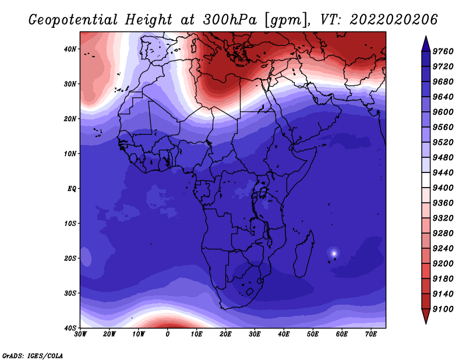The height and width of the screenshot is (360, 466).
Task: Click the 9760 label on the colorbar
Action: [443, 51]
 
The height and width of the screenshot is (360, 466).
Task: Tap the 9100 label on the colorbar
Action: [443, 309]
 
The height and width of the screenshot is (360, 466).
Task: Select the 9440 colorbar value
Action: [443, 172]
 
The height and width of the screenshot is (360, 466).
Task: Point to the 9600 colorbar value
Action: [443, 112]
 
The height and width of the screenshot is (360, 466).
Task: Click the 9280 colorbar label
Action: [443, 234]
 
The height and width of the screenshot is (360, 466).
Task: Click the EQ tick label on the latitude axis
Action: [72, 189]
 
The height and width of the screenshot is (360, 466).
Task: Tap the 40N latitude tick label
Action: [70, 49]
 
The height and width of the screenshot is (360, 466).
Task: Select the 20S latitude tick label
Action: [70, 258]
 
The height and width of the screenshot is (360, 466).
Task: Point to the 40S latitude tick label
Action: [70, 328]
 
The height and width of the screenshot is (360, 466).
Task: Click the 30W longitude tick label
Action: [80, 334]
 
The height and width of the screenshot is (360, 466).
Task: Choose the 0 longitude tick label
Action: [168, 334]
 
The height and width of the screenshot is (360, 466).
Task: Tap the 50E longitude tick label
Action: [313, 334]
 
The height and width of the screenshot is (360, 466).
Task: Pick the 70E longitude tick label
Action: [371, 334]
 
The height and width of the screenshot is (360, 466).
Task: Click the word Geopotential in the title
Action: [73, 20]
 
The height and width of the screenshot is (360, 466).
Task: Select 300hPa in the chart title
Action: [230, 20]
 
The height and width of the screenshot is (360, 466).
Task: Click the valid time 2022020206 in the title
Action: [394, 20]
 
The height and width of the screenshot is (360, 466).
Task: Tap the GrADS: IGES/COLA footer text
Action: [33, 355]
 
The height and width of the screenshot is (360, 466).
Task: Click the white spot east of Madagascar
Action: [334, 253]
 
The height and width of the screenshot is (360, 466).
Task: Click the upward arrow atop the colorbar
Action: [426, 44]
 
